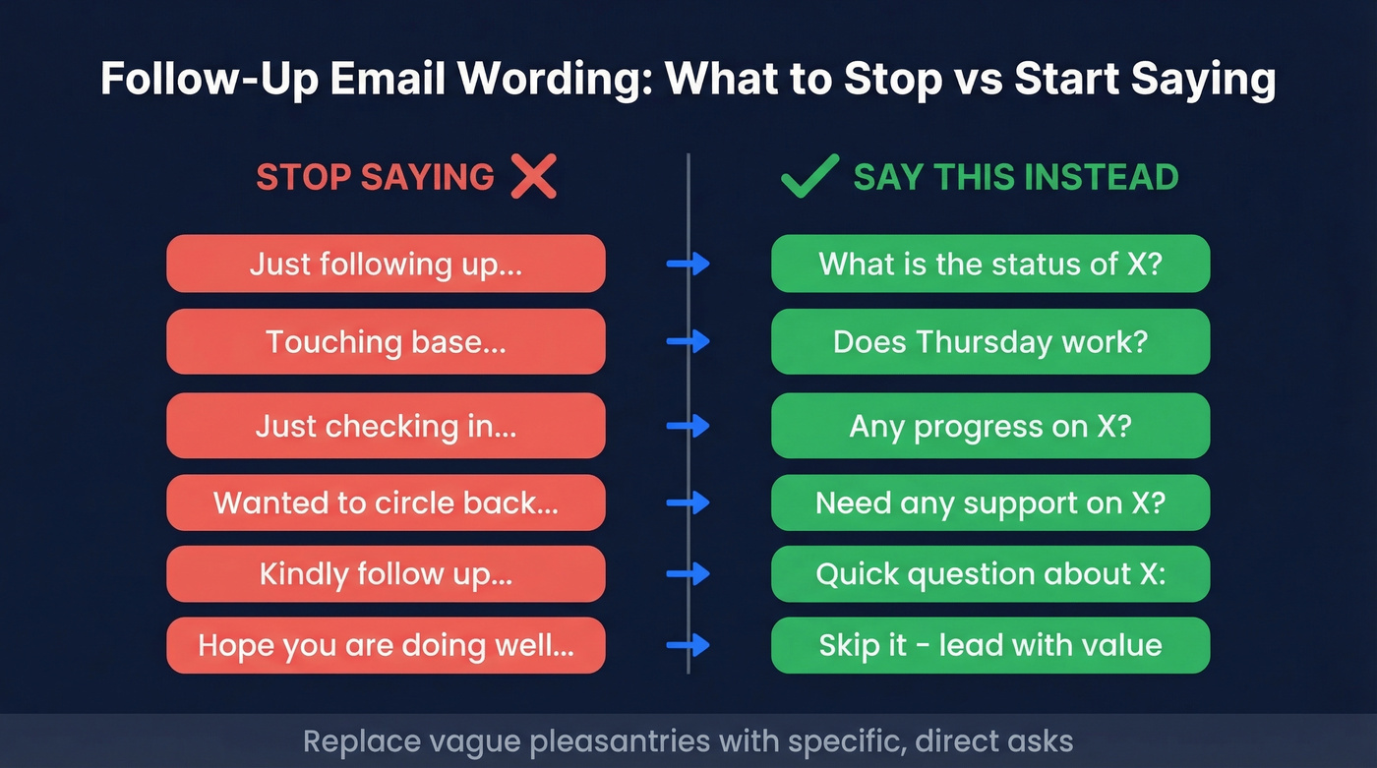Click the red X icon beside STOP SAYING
click(534, 177)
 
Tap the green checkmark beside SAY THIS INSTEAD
click(808, 177)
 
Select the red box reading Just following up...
click(386, 264)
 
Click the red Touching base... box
click(386, 342)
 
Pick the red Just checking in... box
click(386, 426)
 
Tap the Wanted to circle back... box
click(386, 502)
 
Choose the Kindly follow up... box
click(386, 574)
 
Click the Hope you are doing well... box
click(386, 645)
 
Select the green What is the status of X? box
click(989, 264)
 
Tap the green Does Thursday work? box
click(989, 342)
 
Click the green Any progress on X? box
click(989, 426)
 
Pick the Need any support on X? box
click(989, 502)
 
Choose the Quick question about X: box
click(989, 574)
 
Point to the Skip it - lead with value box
click(989, 645)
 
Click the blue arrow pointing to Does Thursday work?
click(688, 342)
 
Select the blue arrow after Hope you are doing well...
click(688, 645)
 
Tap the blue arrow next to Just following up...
click(688, 264)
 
